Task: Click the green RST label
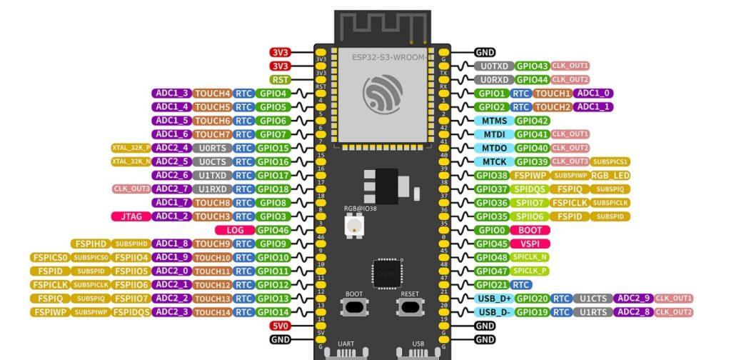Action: click(x=280, y=79)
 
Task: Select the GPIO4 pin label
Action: click(x=273, y=93)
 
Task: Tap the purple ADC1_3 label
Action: click(x=171, y=93)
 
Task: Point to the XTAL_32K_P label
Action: click(x=131, y=148)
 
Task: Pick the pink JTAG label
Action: click(x=131, y=216)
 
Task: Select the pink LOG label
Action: click(x=235, y=230)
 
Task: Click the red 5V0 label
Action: click(x=280, y=326)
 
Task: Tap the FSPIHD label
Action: click(x=89, y=244)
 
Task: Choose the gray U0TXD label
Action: click(x=493, y=66)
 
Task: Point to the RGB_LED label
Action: click(x=610, y=175)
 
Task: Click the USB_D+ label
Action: click(x=493, y=299)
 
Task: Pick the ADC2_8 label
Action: click(x=633, y=312)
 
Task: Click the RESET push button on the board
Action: click(x=409, y=306)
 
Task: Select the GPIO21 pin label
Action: click(x=493, y=284)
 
